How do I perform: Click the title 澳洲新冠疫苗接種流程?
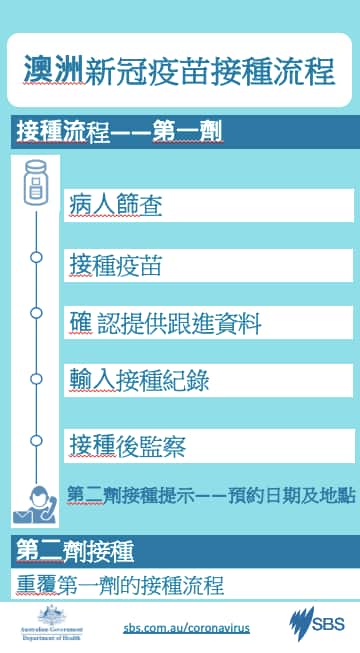click(x=180, y=70)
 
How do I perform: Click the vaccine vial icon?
click(x=37, y=182)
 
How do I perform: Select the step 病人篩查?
click(x=117, y=205)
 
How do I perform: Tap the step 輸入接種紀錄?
click(x=139, y=381)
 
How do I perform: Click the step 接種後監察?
click(x=128, y=445)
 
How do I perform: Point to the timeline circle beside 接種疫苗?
click(x=37, y=257)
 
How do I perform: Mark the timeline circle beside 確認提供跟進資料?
click(x=37, y=313)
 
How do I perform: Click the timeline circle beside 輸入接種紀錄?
click(x=37, y=379)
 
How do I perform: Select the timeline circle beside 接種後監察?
click(x=37, y=440)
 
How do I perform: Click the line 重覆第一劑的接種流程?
click(x=120, y=584)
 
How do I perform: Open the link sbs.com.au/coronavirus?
click(x=186, y=627)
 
